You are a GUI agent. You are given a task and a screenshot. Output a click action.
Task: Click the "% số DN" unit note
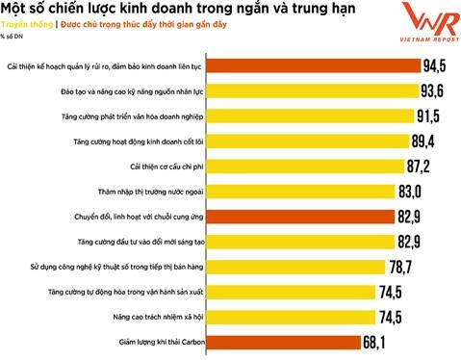pyautogui.click(x=12, y=39)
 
